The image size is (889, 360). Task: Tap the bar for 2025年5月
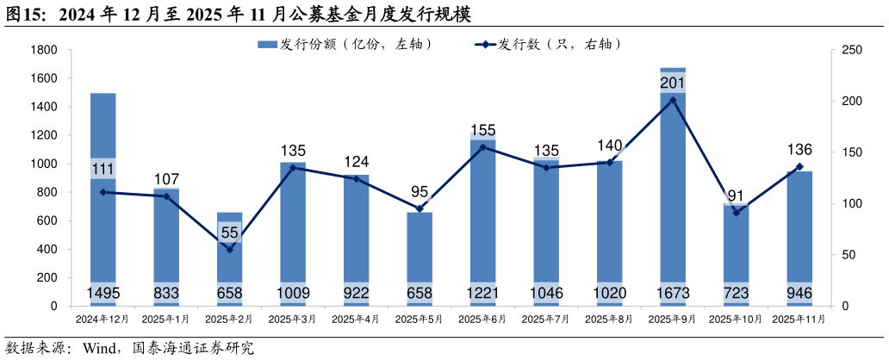coord(420,259)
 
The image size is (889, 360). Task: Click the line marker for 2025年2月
coord(229,250)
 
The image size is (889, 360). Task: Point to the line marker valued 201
coord(673,100)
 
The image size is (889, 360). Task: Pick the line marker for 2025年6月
coord(482,147)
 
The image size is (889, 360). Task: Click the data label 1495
coord(103,294)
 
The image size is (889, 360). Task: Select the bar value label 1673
coord(673,294)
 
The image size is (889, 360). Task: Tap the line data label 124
coord(356,162)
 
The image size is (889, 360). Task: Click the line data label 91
coord(736,196)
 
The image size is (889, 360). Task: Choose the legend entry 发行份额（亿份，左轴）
coord(345,44)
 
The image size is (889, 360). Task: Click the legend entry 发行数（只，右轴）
coord(547,44)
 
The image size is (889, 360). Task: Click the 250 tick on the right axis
coord(851,50)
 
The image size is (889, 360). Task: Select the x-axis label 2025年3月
coord(292,320)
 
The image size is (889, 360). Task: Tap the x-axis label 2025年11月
coord(799,320)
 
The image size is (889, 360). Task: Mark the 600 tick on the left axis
coord(47,220)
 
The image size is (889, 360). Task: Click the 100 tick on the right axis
coord(851,204)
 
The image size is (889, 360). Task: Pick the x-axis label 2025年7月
coord(546,320)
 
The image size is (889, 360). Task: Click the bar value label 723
coord(736,294)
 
